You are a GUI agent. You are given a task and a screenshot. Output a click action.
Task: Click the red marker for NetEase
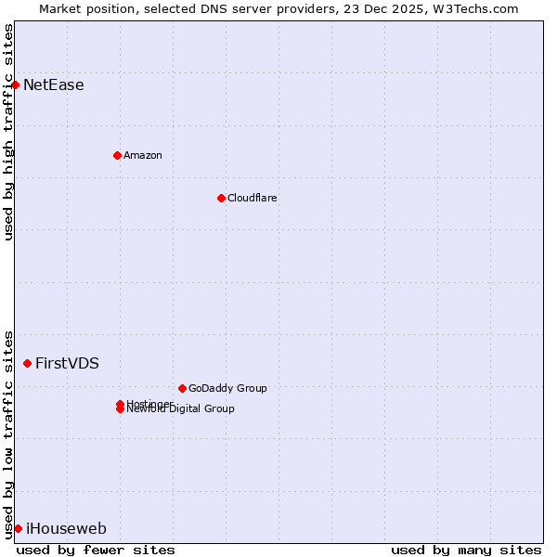(15, 84)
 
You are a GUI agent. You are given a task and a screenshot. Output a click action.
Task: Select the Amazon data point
(117, 155)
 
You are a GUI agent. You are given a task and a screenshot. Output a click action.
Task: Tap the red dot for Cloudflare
(221, 198)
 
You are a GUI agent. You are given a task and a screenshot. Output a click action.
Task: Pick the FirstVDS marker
(27, 363)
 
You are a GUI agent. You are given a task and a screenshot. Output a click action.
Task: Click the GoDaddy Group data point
(182, 388)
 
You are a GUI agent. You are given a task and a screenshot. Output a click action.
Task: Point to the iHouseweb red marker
(18, 528)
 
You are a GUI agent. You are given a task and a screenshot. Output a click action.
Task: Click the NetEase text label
(54, 85)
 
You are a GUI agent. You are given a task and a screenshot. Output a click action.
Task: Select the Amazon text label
(143, 155)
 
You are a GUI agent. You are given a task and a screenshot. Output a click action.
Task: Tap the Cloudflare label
(253, 198)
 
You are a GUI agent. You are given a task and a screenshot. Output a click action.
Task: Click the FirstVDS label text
(67, 363)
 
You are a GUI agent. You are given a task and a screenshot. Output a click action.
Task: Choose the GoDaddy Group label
(227, 388)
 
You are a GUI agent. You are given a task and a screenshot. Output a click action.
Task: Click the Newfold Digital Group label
(181, 409)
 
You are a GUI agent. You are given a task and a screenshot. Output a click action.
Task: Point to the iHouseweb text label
(66, 529)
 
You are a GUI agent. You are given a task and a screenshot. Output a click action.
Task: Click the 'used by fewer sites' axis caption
(96, 550)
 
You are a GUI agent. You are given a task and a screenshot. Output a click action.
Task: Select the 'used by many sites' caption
(466, 550)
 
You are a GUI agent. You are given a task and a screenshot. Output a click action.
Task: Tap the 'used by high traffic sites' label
(8, 132)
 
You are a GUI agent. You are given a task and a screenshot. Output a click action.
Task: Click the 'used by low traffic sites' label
(8, 434)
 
